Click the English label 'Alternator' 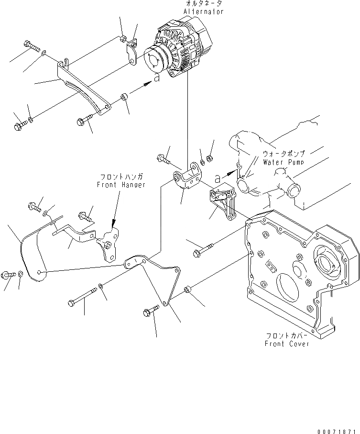pyautogui.click(x=203, y=12)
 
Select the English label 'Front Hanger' pyautogui.click(x=120, y=185)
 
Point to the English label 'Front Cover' pyautogui.click(x=287, y=344)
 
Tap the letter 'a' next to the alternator pyautogui.click(x=156, y=78)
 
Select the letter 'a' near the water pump pyautogui.click(x=218, y=178)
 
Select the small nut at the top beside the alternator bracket pyautogui.click(x=123, y=38)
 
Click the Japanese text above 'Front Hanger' pyautogui.click(x=120, y=178)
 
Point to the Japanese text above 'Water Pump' pyautogui.click(x=283, y=155)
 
